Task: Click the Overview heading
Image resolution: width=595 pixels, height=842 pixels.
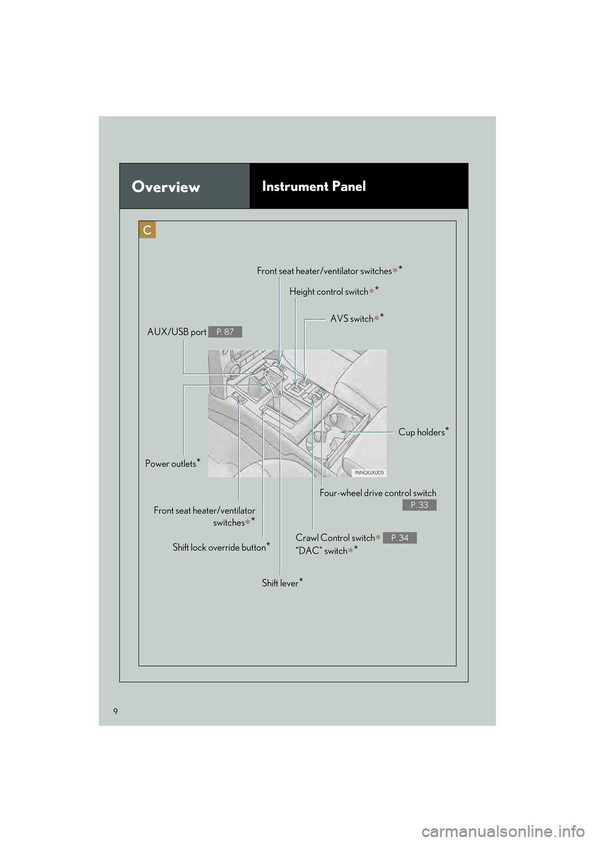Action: pyautogui.click(x=166, y=187)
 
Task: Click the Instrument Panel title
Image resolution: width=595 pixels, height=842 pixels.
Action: pyautogui.click(x=314, y=186)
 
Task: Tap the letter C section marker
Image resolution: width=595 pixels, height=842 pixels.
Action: pyautogui.click(x=148, y=230)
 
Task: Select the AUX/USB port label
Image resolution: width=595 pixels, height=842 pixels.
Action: pyautogui.click(x=177, y=332)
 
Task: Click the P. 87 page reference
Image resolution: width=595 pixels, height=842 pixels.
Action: pyautogui.click(x=225, y=332)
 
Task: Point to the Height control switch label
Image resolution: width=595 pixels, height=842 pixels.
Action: pyautogui.click(x=329, y=291)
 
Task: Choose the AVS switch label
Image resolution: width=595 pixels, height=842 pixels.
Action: pyautogui.click(x=352, y=319)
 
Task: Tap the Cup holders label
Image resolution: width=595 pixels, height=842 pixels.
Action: pyautogui.click(x=421, y=432)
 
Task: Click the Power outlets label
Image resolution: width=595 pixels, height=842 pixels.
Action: pyautogui.click(x=170, y=464)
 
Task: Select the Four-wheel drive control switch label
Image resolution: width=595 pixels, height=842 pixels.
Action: pyautogui.click(x=377, y=493)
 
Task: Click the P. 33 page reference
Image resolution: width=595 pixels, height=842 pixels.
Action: pyautogui.click(x=419, y=505)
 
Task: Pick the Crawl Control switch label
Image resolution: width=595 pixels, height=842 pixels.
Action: pyautogui.click(x=335, y=538)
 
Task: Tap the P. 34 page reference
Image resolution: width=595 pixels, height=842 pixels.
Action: pyautogui.click(x=400, y=538)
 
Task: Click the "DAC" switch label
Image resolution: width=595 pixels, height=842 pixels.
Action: pyautogui.click(x=322, y=551)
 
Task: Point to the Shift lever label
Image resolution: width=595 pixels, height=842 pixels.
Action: pyautogui.click(x=280, y=583)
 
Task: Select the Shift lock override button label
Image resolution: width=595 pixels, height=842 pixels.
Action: pyautogui.click(x=219, y=547)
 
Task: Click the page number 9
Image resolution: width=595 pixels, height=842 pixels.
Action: pyautogui.click(x=115, y=711)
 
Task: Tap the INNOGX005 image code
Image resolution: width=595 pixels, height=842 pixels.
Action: pyautogui.click(x=369, y=472)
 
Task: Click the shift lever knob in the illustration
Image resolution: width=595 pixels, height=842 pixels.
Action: pyautogui.click(x=273, y=376)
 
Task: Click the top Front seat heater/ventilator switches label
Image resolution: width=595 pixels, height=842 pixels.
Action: pyautogui.click(x=325, y=271)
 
